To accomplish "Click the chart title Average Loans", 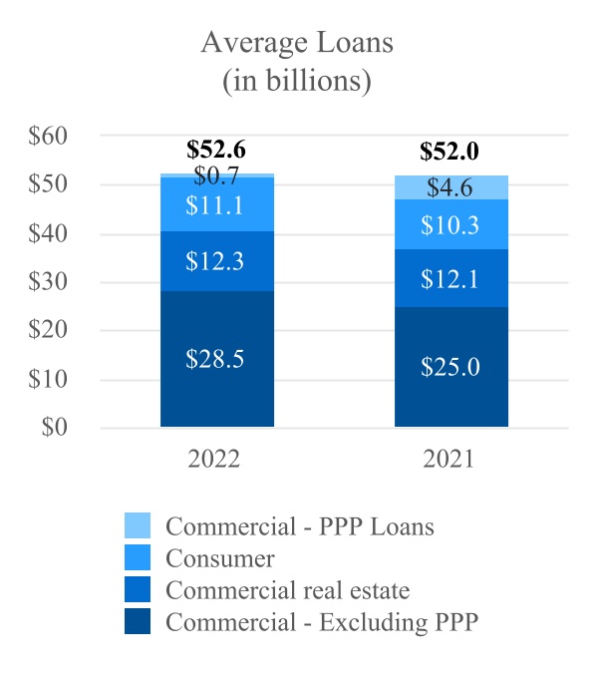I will (296, 43).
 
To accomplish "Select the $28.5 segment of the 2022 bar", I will (216, 358).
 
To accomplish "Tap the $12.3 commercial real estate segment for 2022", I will (216, 261).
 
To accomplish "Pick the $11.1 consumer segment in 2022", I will (216, 204).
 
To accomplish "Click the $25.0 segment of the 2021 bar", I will (450, 366).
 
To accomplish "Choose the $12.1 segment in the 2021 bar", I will (450, 278).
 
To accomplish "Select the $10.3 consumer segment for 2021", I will (450, 224).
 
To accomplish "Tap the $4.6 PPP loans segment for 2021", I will (450, 187).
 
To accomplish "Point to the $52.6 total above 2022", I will (216, 151).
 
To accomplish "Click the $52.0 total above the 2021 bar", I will (449, 152).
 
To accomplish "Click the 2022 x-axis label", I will (215, 461).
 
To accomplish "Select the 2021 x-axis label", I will (449, 461).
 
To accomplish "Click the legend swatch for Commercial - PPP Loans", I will (138, 525).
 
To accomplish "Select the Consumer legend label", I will (220, 557).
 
